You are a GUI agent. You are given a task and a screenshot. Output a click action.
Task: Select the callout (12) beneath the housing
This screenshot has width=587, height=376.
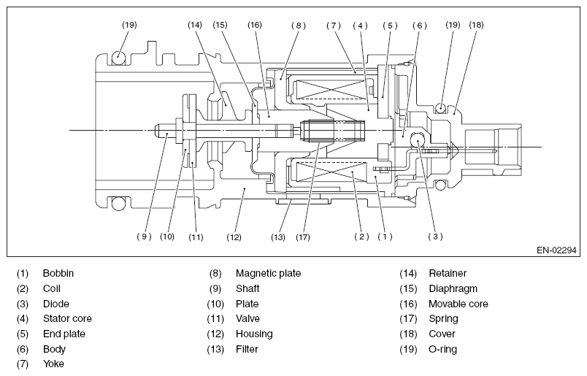(x=234, y=236)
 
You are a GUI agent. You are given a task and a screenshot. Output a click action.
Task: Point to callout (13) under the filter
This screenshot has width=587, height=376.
(x=277, y=236)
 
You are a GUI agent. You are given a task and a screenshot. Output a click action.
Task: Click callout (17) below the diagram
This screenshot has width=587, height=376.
(x=304, y=236)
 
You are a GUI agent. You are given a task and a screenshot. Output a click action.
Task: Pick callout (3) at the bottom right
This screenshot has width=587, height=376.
(x=436, y=236)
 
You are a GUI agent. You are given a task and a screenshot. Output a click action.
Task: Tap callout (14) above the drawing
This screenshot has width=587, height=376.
(x=194, y=25)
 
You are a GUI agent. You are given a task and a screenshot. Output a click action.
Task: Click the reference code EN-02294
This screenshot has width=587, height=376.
(x=556, y=250)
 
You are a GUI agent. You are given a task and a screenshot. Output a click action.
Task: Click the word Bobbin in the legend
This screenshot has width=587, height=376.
(x=58, y=274)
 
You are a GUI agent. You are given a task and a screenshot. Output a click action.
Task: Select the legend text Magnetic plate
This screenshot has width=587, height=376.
(x=268, y=274)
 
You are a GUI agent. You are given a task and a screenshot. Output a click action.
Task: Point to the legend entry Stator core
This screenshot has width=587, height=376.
(x=67, y=319)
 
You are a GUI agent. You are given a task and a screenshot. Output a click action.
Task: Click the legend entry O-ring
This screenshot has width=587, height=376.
(x=442, y=349)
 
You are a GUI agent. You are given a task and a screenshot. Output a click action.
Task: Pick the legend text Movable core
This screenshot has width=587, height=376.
(x=458, y=304)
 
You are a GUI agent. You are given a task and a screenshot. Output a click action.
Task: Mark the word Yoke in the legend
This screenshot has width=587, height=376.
(x=53, y=364)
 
